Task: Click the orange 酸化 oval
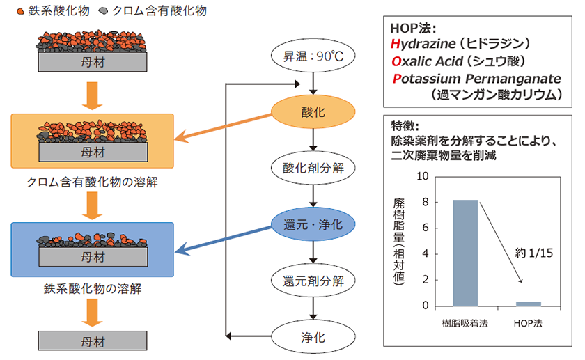click(317, 111)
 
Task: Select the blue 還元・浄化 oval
click(317, 224)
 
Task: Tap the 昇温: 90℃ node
click(317, 56)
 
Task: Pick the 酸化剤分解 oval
click(317, 168)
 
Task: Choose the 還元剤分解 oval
click(317, 281)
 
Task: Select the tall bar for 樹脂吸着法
click(465, 253)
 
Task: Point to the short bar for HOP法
click(528, 303)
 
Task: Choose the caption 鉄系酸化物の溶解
click(92, 287)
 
